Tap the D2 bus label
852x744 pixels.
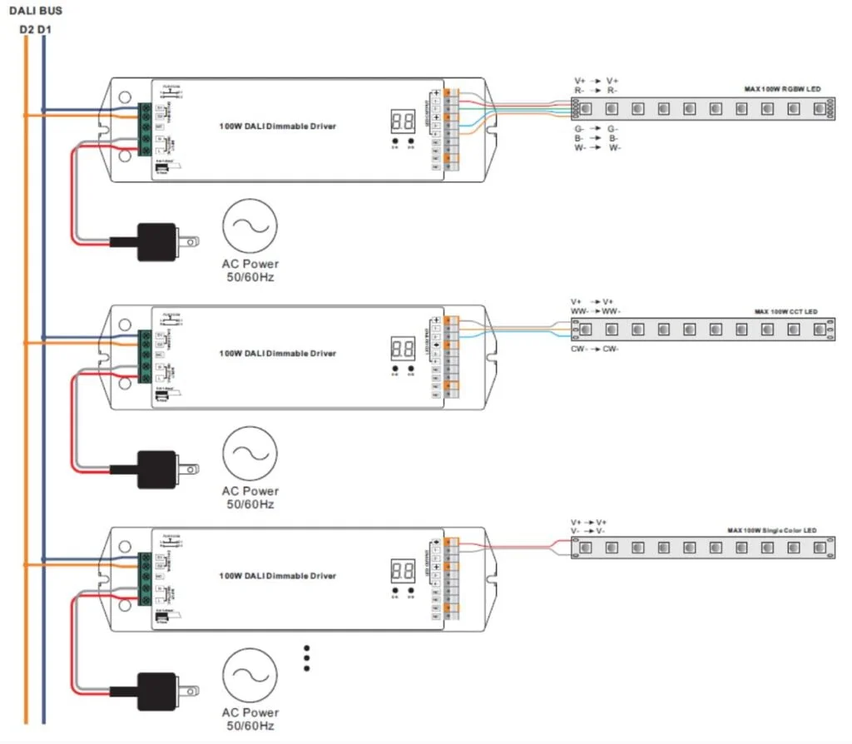26,30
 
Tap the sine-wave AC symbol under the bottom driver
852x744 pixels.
250,674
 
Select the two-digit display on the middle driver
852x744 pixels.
404,349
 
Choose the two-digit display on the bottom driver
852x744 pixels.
404,571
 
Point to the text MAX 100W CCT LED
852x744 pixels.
785,312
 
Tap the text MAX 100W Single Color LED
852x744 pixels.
771,530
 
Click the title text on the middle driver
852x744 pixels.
278,354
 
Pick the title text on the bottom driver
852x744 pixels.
278,576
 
